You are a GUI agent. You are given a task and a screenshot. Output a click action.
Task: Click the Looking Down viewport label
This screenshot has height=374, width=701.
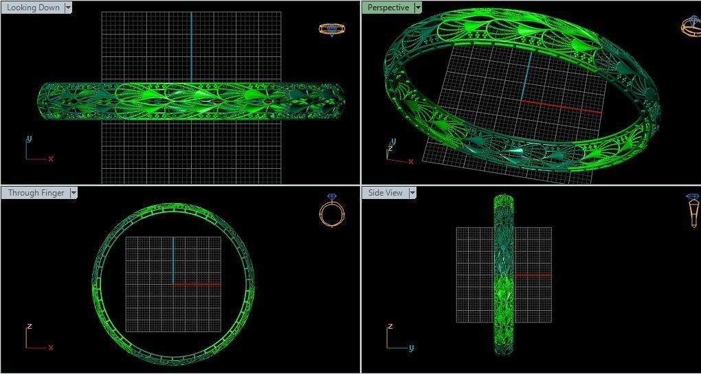click(x=32, y=8)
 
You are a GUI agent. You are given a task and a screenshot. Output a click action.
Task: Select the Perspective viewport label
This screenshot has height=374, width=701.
click(x=388, y=8)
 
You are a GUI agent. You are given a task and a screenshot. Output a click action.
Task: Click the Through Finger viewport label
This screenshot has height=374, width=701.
click(x=36, y=193)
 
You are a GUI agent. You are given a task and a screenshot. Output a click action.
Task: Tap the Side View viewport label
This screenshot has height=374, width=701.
click(x=385, y=193)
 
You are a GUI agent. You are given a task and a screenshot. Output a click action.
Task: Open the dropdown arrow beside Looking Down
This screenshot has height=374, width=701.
click(x=68, y=8)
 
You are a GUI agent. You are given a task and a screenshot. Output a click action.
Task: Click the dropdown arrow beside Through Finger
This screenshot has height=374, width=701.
click(x=73, y=193)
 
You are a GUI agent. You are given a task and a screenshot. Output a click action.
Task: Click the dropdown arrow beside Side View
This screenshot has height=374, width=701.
click(x=412, y=193)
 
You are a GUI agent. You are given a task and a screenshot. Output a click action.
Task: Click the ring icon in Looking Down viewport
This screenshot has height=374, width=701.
click(x=331, y=29)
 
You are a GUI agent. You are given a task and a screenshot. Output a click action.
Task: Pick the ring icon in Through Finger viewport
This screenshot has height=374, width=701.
click(x=331, y=211)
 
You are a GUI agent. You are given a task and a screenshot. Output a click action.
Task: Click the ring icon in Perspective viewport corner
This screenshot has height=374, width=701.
click(x=691, y=26)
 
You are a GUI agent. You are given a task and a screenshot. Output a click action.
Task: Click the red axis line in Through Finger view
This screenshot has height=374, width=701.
click(x=197, y=283)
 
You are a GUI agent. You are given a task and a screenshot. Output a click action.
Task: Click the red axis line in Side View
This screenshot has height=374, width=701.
click(x=533, y=275)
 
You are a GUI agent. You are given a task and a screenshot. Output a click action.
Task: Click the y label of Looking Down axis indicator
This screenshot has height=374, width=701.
click(x=29, y=139)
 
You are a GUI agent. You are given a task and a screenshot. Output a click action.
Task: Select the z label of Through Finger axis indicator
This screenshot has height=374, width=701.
click(x=29, y=326)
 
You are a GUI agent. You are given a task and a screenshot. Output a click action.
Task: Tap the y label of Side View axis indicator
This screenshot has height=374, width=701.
click(x=411, y=347)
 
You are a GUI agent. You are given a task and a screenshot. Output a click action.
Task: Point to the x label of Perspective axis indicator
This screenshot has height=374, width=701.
click(x=411, y=162)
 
